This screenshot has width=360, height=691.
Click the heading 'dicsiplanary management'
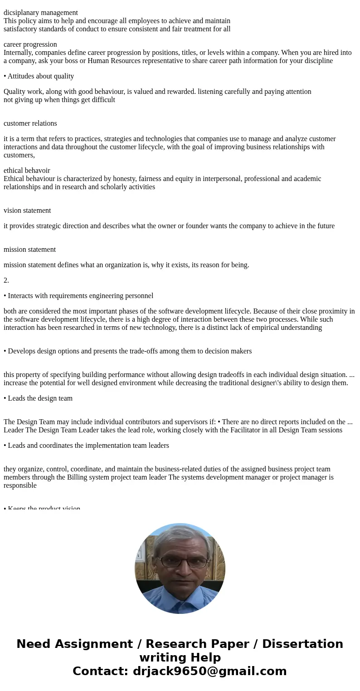click(41, 13)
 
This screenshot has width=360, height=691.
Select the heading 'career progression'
click(30, 44)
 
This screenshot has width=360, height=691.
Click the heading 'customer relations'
click(30, 123)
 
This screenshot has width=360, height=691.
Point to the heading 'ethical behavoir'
click(27, 171)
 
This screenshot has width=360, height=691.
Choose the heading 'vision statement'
click(27, 211)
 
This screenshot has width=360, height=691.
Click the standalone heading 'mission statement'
click(29, 250)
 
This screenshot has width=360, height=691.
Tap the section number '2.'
click(6, 280)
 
